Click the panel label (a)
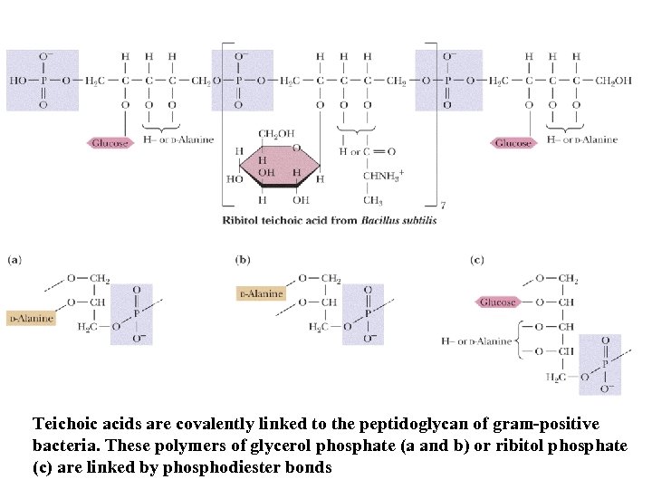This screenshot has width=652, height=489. pyautogui.click(x=14, y=260)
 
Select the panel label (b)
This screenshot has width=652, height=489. pyautogui.click(x=243, y=260)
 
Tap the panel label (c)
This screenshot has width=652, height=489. pyautogui.click(x=476, y=260)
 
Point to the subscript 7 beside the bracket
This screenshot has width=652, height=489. pyautogui.click(x=442, y=206)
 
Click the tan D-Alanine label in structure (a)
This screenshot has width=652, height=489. pyautogui.click(x=31, y=318)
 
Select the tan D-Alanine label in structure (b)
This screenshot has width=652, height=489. pyautogui.click(x=261, y=293)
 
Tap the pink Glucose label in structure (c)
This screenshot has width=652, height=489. pyautogui.click(x=497, y=302)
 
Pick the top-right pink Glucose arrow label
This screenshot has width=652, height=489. pyautogui.click(x=513, y=143)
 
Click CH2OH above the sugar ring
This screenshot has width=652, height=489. pyautogui.click(x=276, y=134)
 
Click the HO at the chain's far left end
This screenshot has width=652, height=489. pyautogui.click(x=18, y=81)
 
